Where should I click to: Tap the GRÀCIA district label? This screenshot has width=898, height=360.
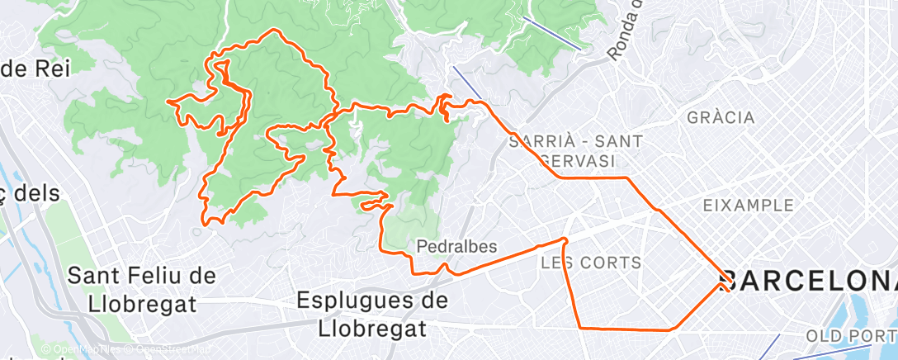pos(721,118)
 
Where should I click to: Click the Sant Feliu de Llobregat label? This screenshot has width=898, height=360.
pos(132,288)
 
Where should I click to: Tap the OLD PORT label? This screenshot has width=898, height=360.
pos(850,336)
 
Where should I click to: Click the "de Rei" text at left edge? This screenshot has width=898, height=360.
pos(36,69)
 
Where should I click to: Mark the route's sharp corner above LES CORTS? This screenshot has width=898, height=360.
pos(565,239)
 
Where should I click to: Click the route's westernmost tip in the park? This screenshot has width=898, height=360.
pos(168,101)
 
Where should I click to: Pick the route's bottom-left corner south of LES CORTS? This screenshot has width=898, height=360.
pos(582,328)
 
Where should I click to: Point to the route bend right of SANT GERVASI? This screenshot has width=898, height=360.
pos(627,178)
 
